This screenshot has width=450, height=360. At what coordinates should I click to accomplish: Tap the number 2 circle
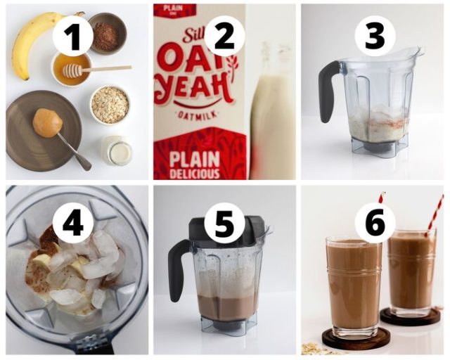[224, 33]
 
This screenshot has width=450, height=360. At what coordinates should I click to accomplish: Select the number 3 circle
[375, 35]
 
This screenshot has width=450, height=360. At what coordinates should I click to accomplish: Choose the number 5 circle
[224, 224]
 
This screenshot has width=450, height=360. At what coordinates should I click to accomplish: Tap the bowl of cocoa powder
[107, 33]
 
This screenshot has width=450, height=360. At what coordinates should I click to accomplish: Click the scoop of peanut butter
[47, 122]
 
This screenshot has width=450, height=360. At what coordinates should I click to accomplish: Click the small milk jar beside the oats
[117, 150]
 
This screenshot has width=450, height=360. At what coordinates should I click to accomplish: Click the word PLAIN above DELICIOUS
[198, 155]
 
